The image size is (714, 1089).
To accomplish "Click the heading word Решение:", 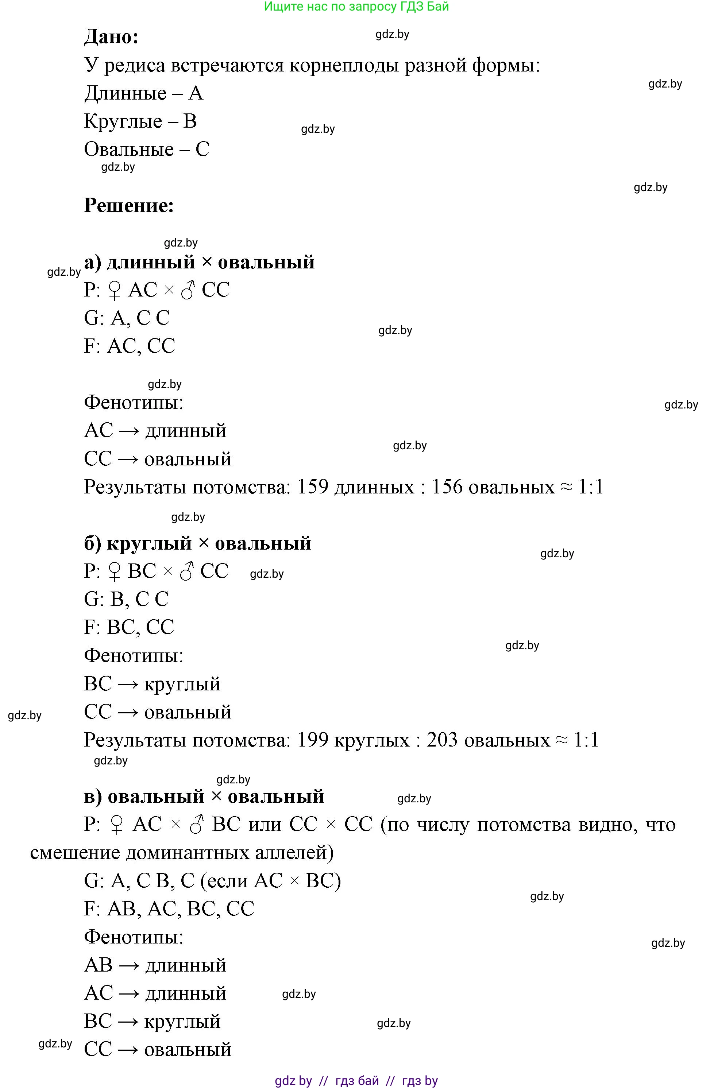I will pos(129,205).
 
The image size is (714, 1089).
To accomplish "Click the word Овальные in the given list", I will pos(129,150).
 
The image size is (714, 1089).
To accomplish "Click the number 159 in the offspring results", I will pos(313,487).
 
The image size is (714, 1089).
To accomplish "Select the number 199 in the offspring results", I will pos(313,740).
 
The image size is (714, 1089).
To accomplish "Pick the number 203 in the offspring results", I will pos(442,740).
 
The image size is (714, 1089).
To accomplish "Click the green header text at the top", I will pos(356,7).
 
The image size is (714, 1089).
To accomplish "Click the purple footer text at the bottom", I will pos(356,1081).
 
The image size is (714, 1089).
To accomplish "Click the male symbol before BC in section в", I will pos(197,825).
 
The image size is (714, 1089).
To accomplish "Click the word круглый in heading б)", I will pos(149,543).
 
